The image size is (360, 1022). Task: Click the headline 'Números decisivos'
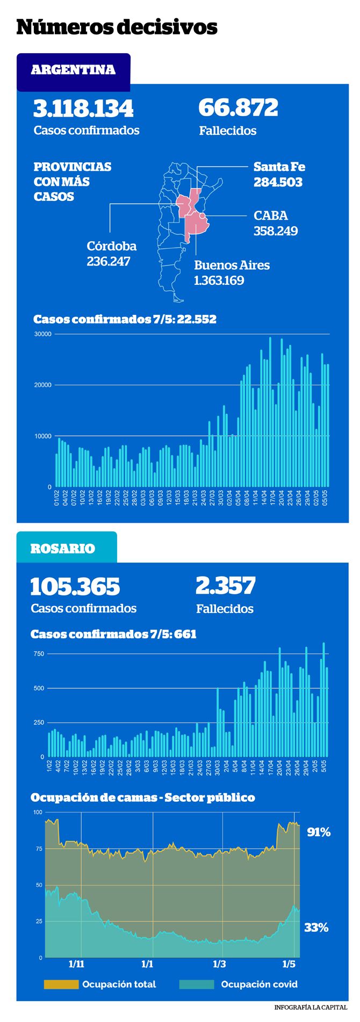117,26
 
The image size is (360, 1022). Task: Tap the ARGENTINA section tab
74,70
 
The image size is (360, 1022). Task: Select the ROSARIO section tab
67,548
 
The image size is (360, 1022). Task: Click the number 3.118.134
83,109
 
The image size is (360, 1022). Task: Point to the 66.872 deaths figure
239,107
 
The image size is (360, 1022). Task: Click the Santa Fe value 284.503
278,182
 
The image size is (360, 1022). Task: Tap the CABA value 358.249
276,231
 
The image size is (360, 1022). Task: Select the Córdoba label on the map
112,246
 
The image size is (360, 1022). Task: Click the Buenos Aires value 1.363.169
219,280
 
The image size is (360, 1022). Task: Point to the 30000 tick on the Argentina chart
42,334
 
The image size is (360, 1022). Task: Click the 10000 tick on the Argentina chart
42,436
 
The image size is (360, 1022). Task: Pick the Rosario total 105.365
75,587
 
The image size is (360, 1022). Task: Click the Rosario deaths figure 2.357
226,586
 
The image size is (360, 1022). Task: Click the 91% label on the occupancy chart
319,832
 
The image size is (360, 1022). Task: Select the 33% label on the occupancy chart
316,927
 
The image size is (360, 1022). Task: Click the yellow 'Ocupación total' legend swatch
61,984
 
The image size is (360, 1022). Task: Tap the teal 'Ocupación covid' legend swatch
197,984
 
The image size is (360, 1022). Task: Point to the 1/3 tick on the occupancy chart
219,964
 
